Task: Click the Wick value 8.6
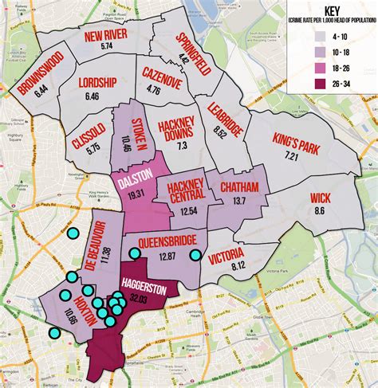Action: pos(319,210)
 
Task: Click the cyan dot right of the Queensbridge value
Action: pos(195,255)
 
